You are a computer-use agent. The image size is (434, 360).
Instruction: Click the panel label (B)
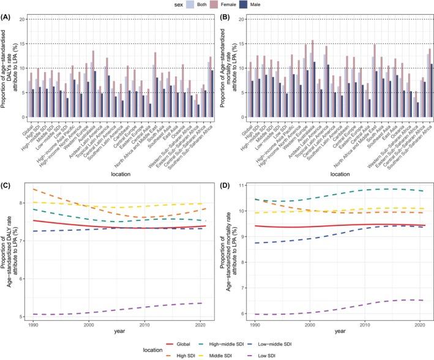click(227, 9)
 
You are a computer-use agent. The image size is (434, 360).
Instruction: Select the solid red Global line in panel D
click(337, 225)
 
